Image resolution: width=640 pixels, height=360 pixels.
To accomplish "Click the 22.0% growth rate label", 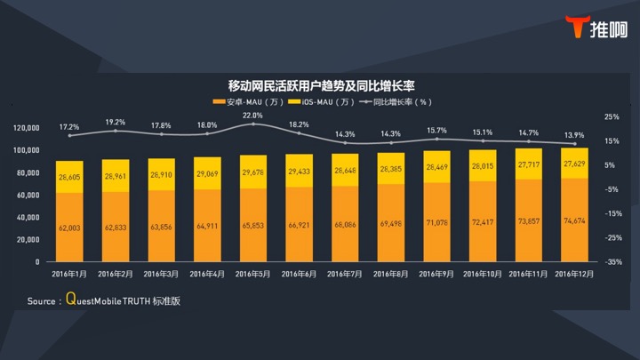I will (x=253, y=116).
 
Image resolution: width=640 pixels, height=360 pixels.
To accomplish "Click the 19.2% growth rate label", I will (x=116, y=122).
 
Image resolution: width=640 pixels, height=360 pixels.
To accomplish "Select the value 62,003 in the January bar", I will (x=69, y=228).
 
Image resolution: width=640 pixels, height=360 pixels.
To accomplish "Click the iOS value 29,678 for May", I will (x=253, y=172).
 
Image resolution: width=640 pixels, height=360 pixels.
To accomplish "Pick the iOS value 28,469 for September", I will (x=438, y=167).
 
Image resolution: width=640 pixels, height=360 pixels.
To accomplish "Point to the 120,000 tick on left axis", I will (x=27, y=128).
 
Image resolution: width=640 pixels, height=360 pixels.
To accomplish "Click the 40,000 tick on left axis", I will (x=28, y=218).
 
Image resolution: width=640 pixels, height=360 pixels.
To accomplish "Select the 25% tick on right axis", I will (x=612, y=116).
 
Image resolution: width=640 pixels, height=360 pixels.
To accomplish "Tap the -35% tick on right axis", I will (x=612, y=262).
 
